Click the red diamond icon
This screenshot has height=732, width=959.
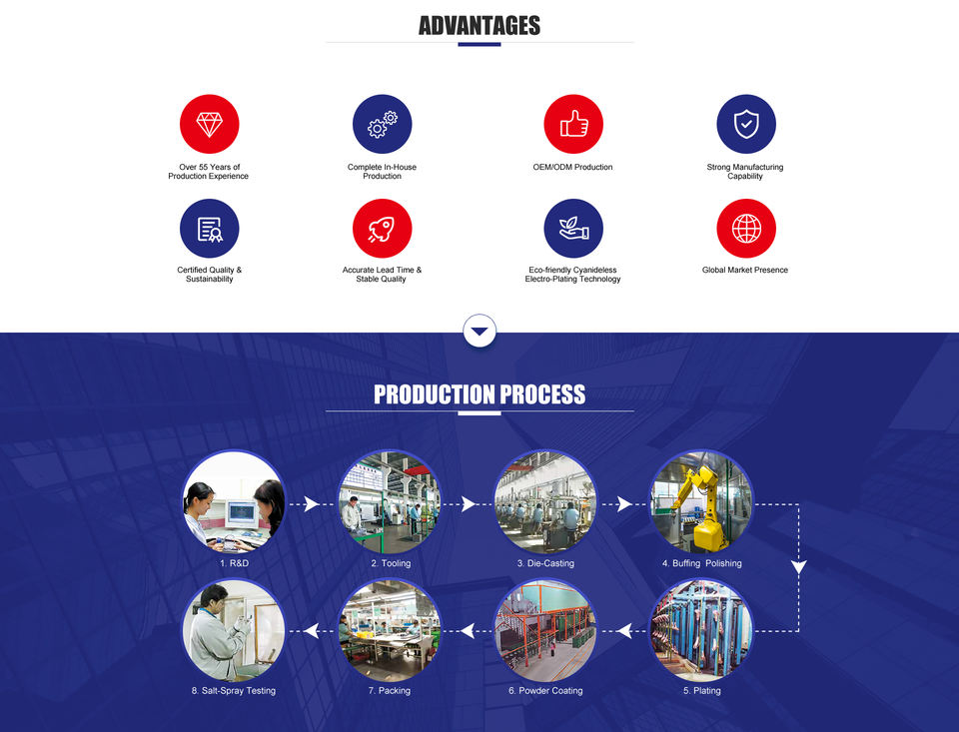[209, 124]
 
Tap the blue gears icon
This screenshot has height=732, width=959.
[382, 124]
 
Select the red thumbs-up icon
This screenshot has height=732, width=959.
[573, 124]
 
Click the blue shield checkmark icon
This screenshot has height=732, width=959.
[746, 124]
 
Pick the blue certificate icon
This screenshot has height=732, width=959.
[209, 228]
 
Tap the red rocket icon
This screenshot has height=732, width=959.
[382, 228]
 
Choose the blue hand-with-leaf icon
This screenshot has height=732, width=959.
[573, 228]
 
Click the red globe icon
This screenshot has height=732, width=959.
[746, 228]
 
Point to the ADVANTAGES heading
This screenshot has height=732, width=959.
[479, 26]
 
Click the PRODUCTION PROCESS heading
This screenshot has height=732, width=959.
[479, 394]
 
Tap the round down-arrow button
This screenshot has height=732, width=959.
[479, 331]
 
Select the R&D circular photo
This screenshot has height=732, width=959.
[234, 501]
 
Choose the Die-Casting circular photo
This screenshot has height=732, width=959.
[545, 501]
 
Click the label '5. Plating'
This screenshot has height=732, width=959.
[701, 691]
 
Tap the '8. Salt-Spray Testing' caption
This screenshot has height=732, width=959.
[234, 691]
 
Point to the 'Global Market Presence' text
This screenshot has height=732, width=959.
[745, 270]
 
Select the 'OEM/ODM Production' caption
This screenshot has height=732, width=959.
[572, 167]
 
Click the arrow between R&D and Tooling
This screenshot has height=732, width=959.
[311, 504]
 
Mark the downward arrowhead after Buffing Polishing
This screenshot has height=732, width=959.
[798, 567]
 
